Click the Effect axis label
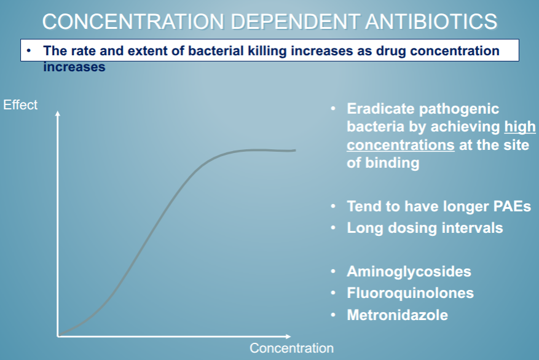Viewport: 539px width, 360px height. tap(20, 104)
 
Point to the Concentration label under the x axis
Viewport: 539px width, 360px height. tap(291, 348)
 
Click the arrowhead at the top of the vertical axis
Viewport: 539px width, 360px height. tap(58, 114)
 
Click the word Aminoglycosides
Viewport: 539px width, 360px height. tap(409, 271)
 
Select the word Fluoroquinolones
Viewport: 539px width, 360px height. tap(410, 293)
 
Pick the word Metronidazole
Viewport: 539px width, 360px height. tap(397, 315)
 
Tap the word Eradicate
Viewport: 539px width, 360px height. tap(379, 109)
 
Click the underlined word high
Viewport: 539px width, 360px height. tap(520, 127)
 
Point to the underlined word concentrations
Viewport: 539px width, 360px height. tap(400, 146)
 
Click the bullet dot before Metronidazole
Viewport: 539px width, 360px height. tap(333, 315)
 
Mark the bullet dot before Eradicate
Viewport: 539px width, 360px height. tap(333, 109)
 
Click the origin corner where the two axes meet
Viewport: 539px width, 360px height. tap(58, 336)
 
